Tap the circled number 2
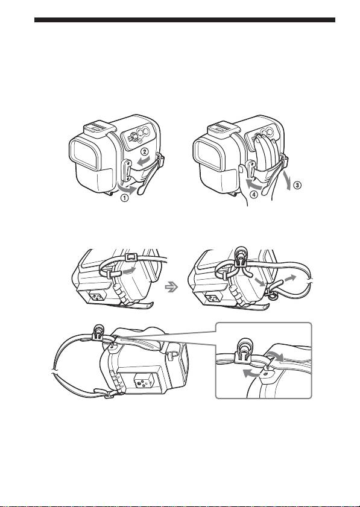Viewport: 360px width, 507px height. point(145,151)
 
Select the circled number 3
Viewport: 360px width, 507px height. point(297,185)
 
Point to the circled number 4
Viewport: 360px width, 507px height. point(254,195)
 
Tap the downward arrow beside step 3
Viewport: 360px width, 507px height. point(287,177)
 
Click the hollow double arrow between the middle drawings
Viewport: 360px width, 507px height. point(171,287)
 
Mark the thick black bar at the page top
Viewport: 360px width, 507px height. point(185,20)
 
